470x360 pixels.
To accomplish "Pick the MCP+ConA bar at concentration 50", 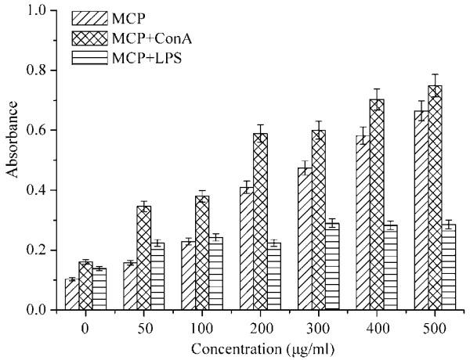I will [x=143, y=258].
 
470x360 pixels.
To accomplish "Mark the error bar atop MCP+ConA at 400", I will [x=376, y=99].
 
